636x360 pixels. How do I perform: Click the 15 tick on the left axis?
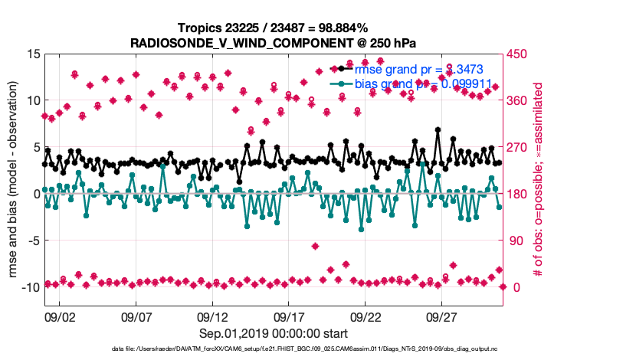pyautogui.click(x=33, y=54)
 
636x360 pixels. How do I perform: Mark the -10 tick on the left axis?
pyautogui.click(x=29, y=287)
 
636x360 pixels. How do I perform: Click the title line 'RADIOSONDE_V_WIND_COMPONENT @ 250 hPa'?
pyautogui.click(x=274, y=42)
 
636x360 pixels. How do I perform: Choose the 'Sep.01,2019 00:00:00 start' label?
pyautogui.click(x=274, y=333)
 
